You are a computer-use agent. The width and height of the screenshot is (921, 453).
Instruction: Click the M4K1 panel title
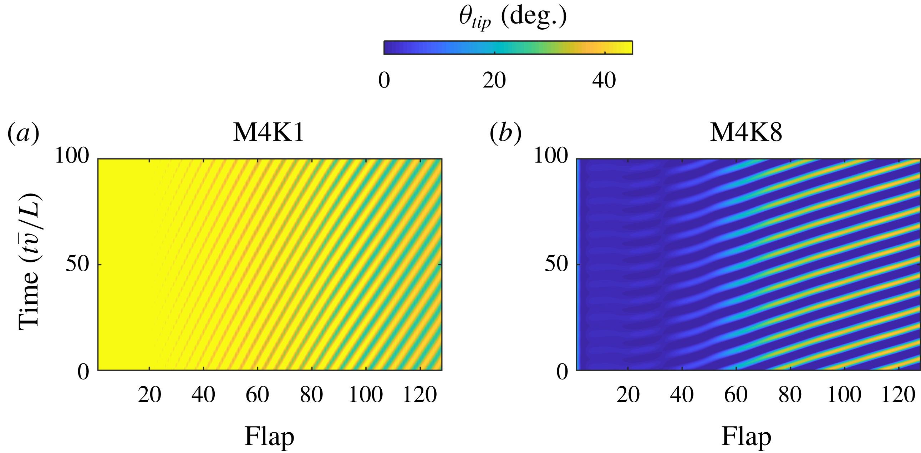point(269,133)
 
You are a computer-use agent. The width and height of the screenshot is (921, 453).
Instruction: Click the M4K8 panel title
point(746,133)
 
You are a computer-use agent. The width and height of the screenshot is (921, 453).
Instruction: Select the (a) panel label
point(23,134)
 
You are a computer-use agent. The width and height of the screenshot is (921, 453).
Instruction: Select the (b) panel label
point(505,134)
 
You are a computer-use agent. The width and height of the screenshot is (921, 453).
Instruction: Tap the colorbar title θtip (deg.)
point(512,17)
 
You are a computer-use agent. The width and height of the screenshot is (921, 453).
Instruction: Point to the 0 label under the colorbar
point(384,80)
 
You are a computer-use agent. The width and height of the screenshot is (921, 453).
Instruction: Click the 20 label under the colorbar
point(494,80)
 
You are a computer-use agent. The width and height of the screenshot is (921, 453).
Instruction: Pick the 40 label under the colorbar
point(604,80)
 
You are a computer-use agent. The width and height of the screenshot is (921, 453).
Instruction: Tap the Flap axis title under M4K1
point(269,437)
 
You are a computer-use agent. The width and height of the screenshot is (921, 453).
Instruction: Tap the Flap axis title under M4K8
point(746,437)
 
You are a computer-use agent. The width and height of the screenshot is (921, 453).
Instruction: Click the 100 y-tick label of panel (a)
point(71,156)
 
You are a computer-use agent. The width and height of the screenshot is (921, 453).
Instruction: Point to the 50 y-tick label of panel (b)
point(556,265)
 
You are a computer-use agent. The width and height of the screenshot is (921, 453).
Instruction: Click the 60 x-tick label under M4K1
point(257,395)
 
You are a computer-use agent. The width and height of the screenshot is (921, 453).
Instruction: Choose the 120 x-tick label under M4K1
point(419,395)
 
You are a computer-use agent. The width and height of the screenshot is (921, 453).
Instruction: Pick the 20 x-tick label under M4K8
point(628,395)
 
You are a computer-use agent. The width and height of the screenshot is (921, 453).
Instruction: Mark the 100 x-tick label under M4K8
point(844,395)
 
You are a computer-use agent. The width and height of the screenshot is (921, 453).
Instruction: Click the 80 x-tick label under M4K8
point(790,395)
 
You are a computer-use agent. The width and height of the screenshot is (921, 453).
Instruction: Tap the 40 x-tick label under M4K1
point(203,395)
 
